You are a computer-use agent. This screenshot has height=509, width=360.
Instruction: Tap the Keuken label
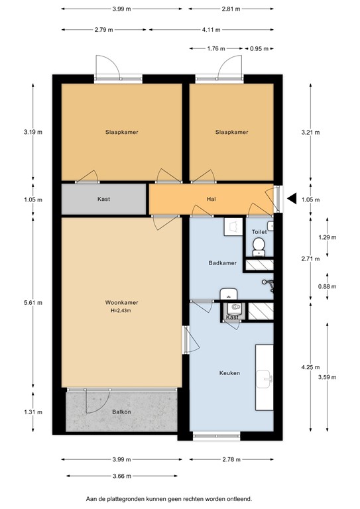click(x=230, y=373)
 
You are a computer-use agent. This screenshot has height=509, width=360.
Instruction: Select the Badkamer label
click(x=223, y=263)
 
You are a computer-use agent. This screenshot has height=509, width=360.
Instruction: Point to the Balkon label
click(x=122, y=412)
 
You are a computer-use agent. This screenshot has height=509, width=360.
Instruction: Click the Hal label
click(x=211, y=199)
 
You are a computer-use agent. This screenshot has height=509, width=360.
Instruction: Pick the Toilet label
click(x=259, y=232)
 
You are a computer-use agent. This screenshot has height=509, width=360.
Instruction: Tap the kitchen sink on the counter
click(x=265, y=379)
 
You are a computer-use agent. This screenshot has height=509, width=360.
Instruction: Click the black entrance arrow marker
click(x=292, y=198)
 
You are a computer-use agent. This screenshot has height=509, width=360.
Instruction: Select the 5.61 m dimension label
click(x=33, y=302)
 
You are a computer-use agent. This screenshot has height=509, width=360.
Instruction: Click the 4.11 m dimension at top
click(x=211, y=30)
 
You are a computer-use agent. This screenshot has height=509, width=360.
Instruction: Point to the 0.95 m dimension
click(x=259, y=48)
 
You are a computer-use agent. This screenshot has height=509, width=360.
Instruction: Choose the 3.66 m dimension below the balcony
click(x=122, y=477)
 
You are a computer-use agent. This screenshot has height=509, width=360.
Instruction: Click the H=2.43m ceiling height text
click(x=121, y=311)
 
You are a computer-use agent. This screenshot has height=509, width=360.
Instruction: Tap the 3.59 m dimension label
click(x=328, y=377)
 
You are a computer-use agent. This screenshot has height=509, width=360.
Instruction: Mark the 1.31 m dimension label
click(x=33, y=412)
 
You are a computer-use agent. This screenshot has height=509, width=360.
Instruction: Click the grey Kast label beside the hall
click(x=103, y=199)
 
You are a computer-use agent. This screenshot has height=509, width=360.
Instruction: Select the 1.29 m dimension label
click(x=328, y=237)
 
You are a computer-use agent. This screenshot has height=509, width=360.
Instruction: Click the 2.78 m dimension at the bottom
click(x=231, y=460)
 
